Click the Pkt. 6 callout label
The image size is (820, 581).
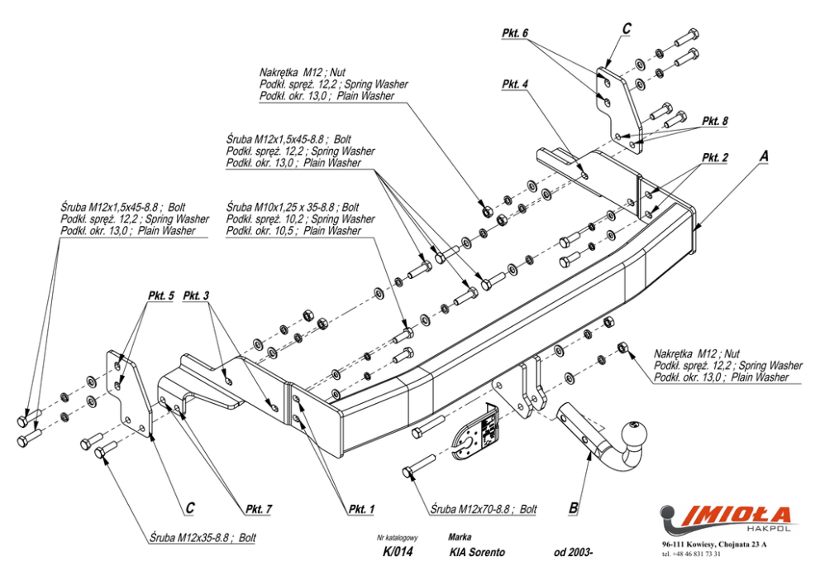tap(515, 33)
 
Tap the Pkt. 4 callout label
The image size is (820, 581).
tap(515, 84)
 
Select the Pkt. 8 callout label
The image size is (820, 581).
tap(715, 121)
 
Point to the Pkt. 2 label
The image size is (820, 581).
tap(715, 157)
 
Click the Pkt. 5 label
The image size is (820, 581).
tap(160, 295)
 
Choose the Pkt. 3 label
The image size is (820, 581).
tap(196, 295)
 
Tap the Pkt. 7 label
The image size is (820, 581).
tap(259, 509)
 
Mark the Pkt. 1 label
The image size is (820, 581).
tap(362, 509)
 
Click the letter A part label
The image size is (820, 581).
tap(764, 156)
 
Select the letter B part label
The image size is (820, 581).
tap(573, 507)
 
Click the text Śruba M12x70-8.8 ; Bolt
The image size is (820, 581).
tap(484, 509)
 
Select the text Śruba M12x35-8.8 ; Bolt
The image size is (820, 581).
tap(203, 537)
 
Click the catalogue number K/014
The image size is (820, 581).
tap(398, 552)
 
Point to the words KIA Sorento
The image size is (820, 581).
tap(478, 552)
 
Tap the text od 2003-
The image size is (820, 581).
tap(573, 552)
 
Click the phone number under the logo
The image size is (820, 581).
tap(691, 555)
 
